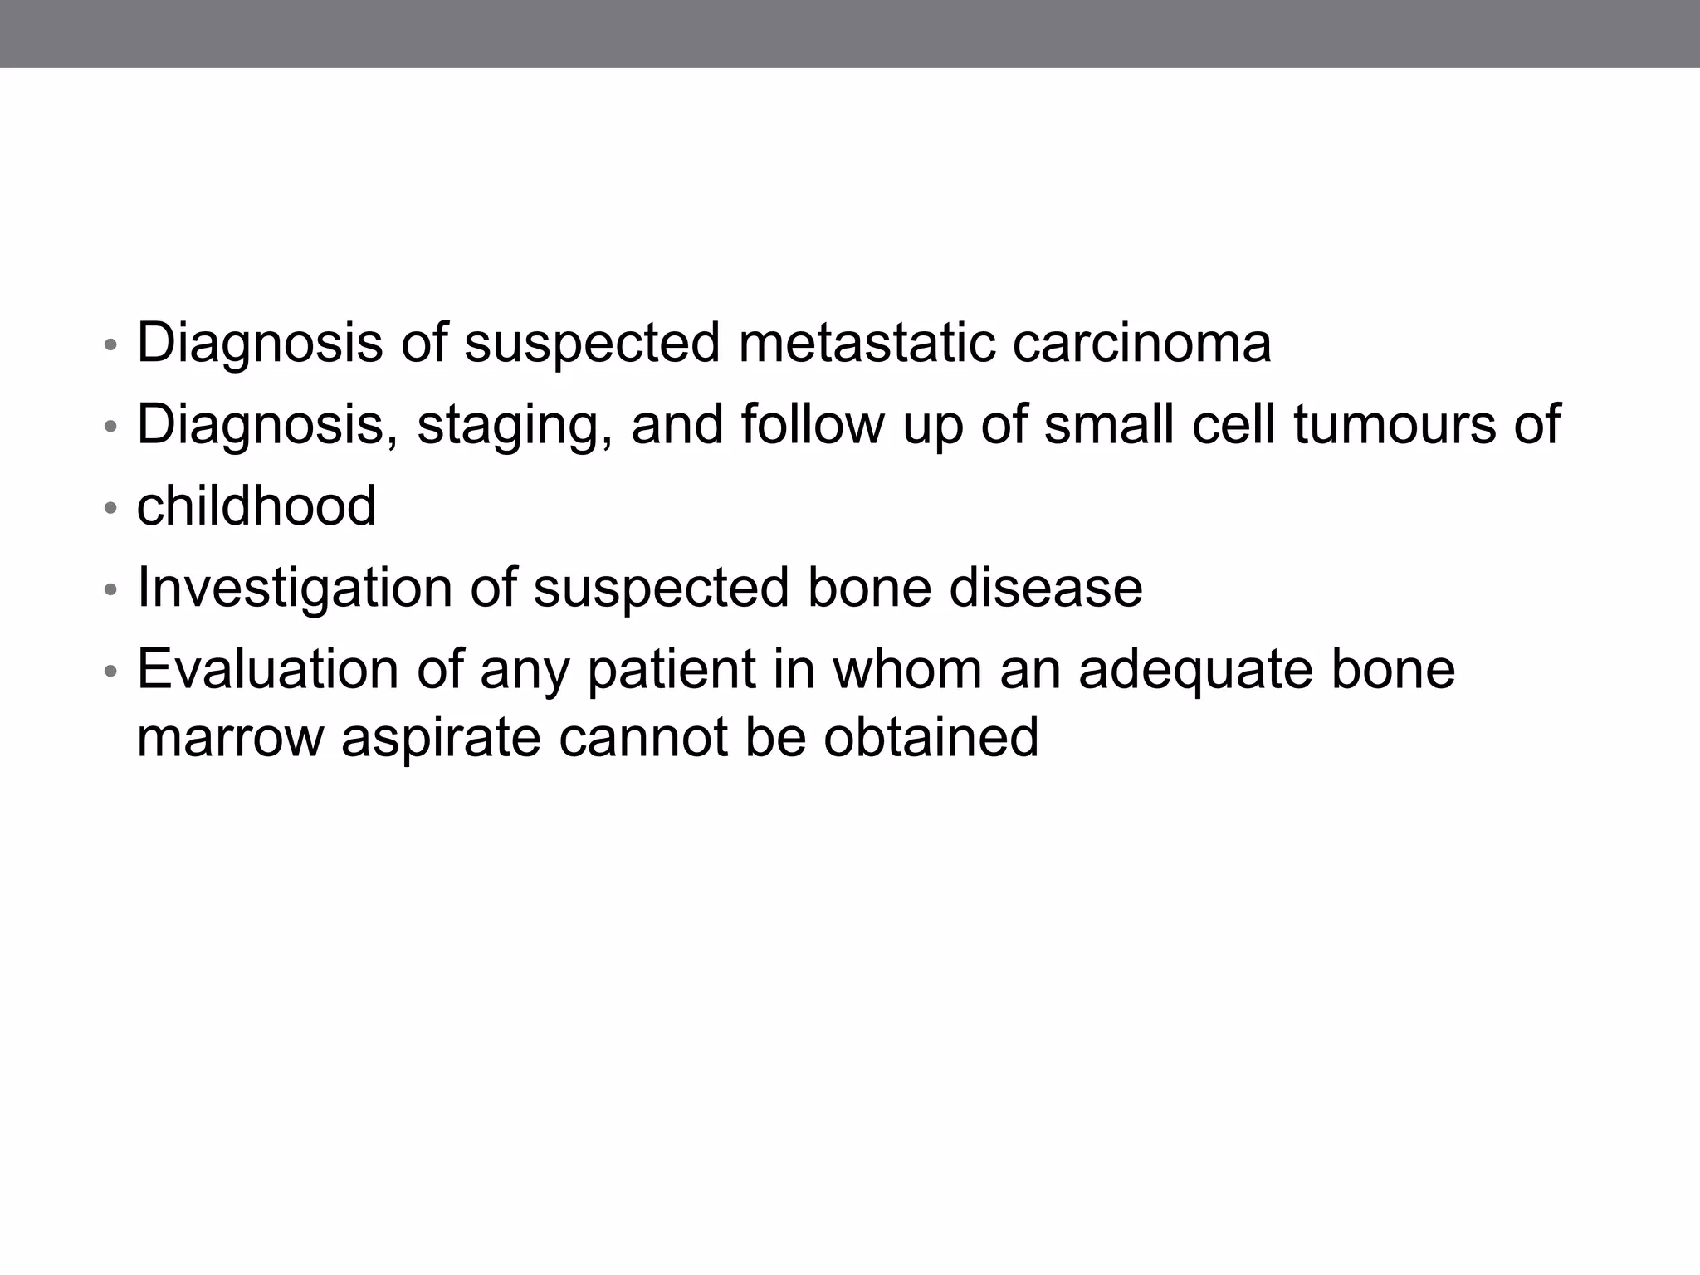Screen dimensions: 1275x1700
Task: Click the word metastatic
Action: click(866, 343)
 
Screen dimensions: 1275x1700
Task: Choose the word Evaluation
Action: click(267, 669)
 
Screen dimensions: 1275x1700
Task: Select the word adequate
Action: click(1195, 669)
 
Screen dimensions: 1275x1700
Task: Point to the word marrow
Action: click(230, 737)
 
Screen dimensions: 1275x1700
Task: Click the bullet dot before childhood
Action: click(110, 508)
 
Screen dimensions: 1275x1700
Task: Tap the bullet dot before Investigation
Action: click(110, 590)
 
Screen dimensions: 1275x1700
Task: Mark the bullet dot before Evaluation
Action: click(110, 672)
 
